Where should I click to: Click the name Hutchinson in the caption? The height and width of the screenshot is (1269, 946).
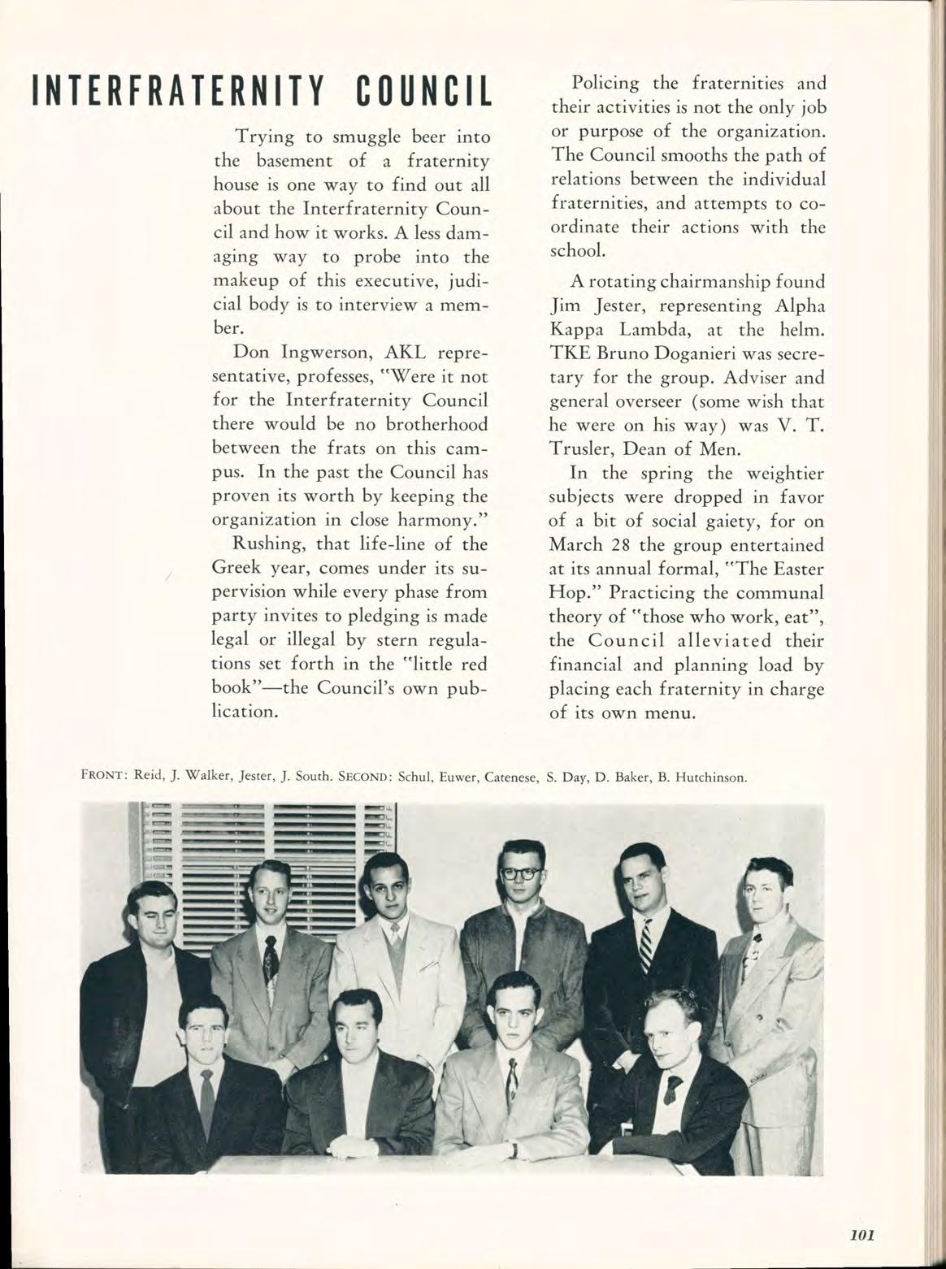709,776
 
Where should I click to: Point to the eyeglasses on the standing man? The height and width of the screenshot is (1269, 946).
521,874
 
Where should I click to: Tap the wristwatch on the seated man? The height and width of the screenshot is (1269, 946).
514,1150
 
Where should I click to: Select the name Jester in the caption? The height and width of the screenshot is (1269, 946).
254,776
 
